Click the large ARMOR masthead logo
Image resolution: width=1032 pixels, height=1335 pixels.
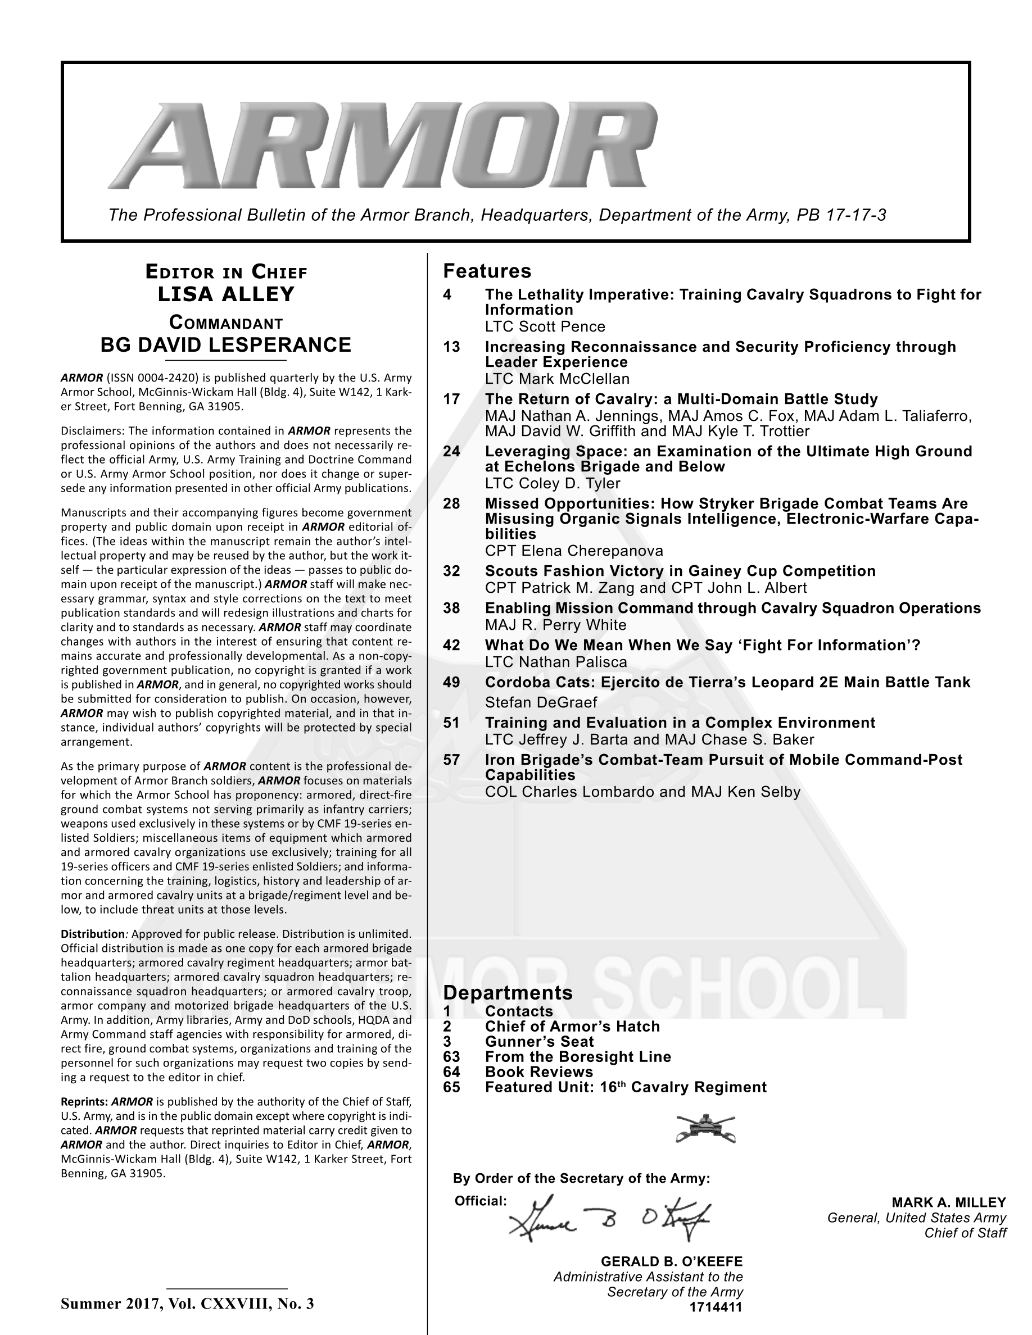click(384, 146)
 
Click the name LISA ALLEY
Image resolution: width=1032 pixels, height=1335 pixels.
click(226, 294)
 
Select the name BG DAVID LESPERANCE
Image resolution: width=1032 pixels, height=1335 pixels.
click(226, 345)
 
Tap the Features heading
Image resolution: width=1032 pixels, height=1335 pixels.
click(487, 271)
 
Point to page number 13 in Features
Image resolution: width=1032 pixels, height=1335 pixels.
click(451, 347)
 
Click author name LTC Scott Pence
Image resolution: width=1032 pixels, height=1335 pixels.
click(545, 326)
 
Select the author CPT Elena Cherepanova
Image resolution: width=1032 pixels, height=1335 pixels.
click(573, 551)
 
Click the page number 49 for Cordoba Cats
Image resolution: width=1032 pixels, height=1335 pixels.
click(451, 682)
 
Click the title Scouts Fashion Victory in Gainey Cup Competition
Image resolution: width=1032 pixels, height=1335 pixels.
click(680, 571)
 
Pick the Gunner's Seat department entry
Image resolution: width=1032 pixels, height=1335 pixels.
click(538, 1042)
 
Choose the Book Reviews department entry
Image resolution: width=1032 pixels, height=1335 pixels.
click(538, 1072)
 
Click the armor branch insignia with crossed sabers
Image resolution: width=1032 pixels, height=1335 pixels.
click(705, 1128)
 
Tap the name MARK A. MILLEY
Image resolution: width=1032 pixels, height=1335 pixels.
click(948, 1202)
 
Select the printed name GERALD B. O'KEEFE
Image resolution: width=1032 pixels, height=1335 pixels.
click(671, 1261)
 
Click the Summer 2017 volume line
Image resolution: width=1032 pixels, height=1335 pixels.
click(187, 1304)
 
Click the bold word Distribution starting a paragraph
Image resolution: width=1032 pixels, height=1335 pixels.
click(92, 934)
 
